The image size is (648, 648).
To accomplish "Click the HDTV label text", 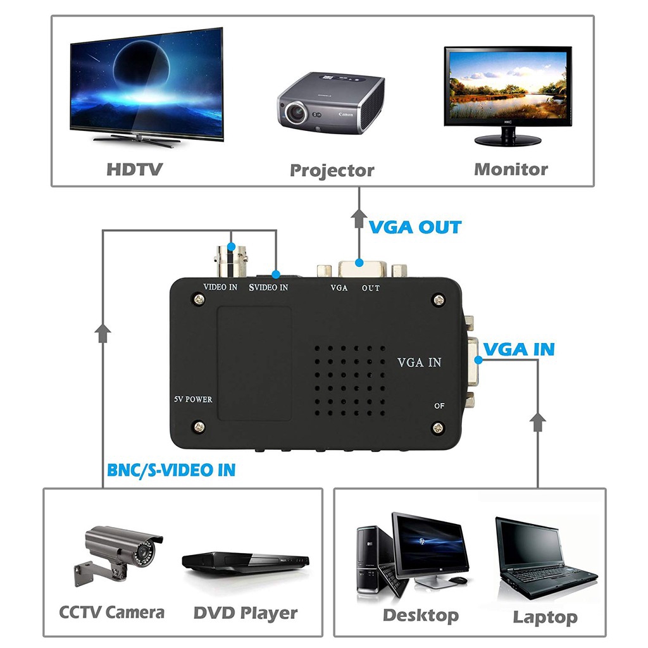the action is tap(134, 169).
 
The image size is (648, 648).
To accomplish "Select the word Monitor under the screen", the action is tap(511, 169).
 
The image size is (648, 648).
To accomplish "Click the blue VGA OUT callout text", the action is tap(415, 227).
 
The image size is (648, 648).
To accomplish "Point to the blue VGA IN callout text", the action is tap(519, 349).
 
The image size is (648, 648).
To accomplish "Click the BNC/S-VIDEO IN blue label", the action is tap(171, 470).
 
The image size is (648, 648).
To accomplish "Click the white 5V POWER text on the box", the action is tap(193, 399).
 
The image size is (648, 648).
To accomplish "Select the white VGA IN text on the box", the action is tap(419, 363).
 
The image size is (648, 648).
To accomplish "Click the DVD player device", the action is tap(246, 562).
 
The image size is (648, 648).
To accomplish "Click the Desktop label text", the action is tap(420, 614).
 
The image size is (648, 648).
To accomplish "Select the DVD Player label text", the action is tap(245, 613).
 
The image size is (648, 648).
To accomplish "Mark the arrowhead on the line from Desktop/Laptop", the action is tap(538, 421).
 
